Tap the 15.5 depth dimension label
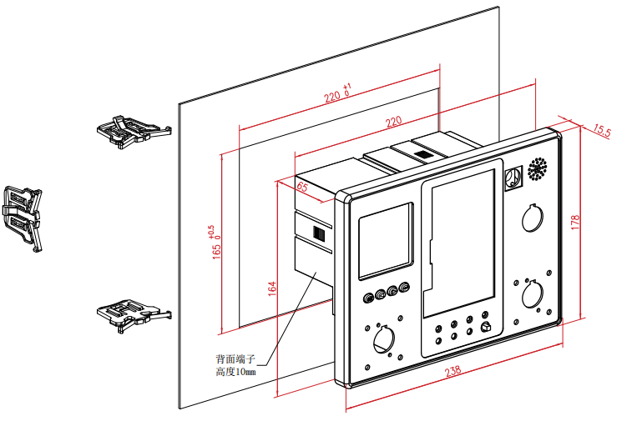click(602, 131)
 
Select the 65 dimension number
click(302, 188)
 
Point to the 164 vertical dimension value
click(272, 288)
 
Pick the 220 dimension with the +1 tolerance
click(337, 95)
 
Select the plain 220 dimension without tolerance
click(392, 123)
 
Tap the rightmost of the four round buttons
click(406, 289)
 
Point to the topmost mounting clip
click(132, 129)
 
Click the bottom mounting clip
click(131, 315)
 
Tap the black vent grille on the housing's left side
click(318, 233)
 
